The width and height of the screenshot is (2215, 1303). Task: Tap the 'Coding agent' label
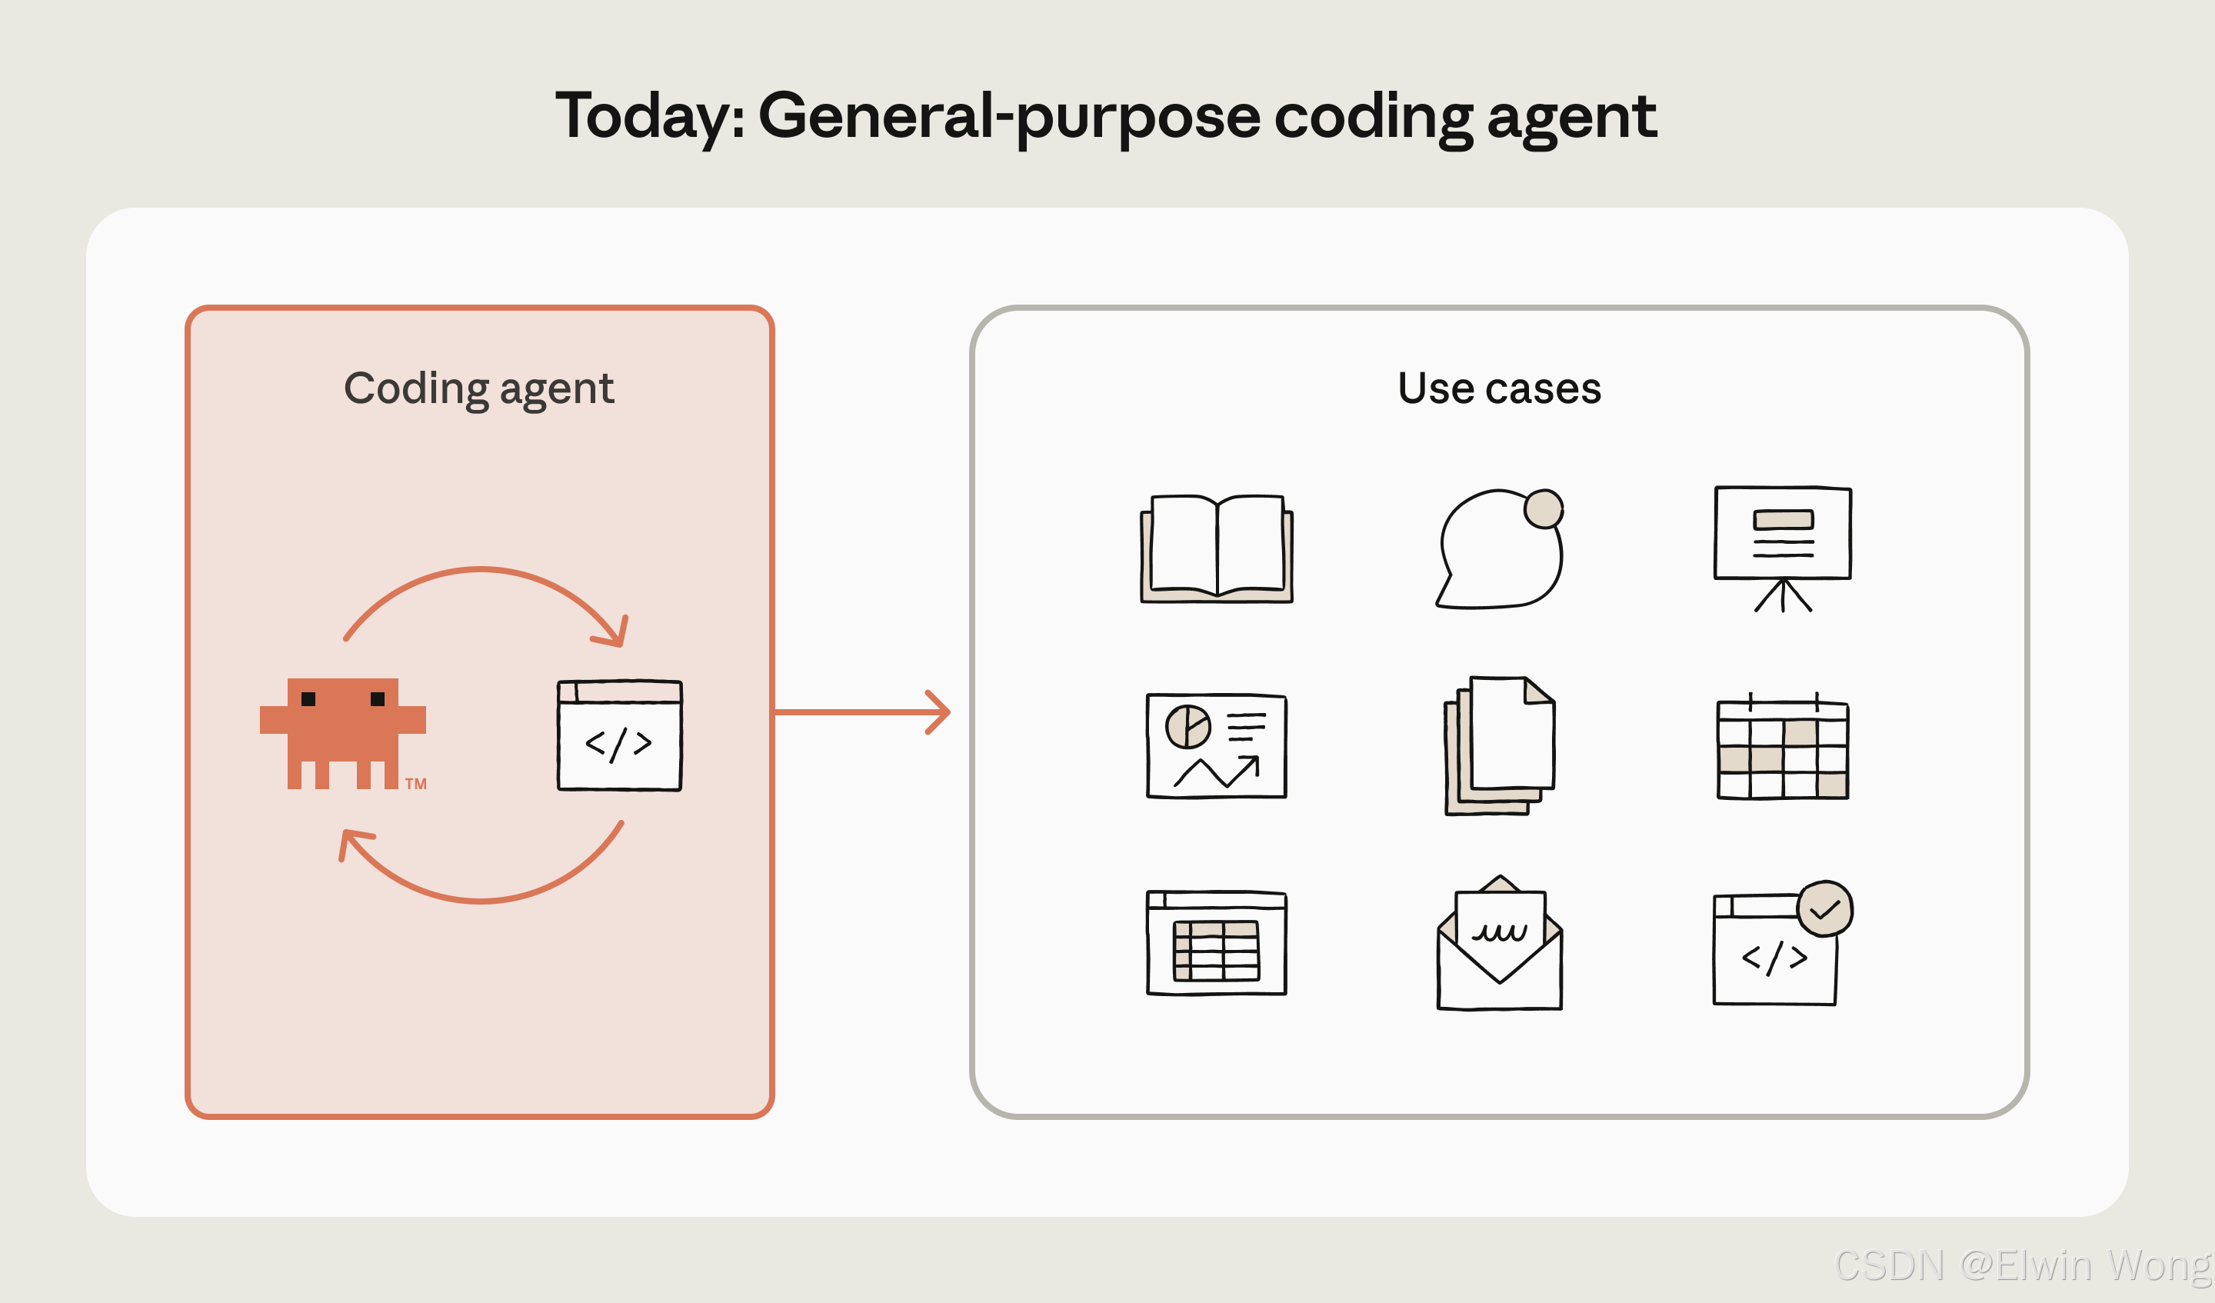479,388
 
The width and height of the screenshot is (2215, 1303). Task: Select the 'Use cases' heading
1499,388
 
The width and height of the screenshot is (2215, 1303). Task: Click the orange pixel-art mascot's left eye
308,699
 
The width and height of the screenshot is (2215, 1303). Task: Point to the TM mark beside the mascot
416,783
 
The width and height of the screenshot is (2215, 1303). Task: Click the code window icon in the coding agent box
620,735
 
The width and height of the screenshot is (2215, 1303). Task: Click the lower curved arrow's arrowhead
350,841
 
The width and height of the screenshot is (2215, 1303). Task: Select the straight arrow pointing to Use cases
861,712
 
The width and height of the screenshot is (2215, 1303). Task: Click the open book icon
1217,548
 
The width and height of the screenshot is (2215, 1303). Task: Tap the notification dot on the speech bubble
1544,508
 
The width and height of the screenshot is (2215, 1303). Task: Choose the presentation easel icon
1783,545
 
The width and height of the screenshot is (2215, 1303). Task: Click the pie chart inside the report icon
1187,726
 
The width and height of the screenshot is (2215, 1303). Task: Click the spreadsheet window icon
1217,942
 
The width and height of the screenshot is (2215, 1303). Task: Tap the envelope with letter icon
1500,945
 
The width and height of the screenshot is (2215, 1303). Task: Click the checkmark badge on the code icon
1825,909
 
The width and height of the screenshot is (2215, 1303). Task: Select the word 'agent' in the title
1570,117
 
